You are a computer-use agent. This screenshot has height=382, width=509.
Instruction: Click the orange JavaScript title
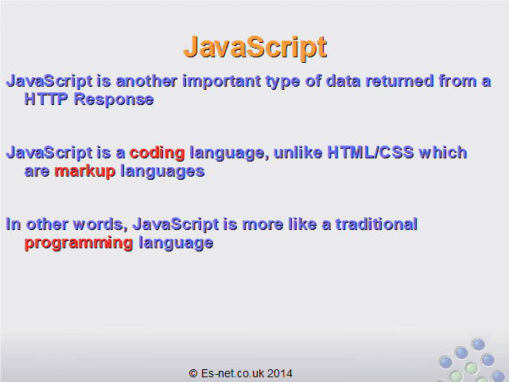coord(255,48)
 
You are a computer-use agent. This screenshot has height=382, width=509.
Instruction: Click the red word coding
coord(157,154)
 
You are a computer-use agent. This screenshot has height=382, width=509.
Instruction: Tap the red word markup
coord(85,172)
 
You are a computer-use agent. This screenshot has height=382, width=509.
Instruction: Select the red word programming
coord(79,244)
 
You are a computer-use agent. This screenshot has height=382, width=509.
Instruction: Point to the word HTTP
coord(46,99)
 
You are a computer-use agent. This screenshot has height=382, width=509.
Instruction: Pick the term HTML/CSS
coord(371,152)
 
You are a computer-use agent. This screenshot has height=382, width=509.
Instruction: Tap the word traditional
coord(376,224)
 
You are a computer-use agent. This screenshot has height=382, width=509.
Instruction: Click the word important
coord(222,81)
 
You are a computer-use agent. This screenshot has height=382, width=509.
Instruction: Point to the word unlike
coord(298,152)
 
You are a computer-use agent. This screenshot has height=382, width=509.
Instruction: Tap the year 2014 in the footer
coord(280,373)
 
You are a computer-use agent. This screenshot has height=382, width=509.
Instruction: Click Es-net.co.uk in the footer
coord(232,373)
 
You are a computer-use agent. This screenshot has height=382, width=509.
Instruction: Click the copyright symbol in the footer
coord(193,373)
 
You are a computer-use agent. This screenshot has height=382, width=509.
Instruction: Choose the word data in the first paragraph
coord(343,81)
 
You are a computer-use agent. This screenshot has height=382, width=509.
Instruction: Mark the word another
coord(146,81)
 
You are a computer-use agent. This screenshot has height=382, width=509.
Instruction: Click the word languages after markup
coord(162,172)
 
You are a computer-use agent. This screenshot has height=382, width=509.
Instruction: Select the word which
coord(443,152)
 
